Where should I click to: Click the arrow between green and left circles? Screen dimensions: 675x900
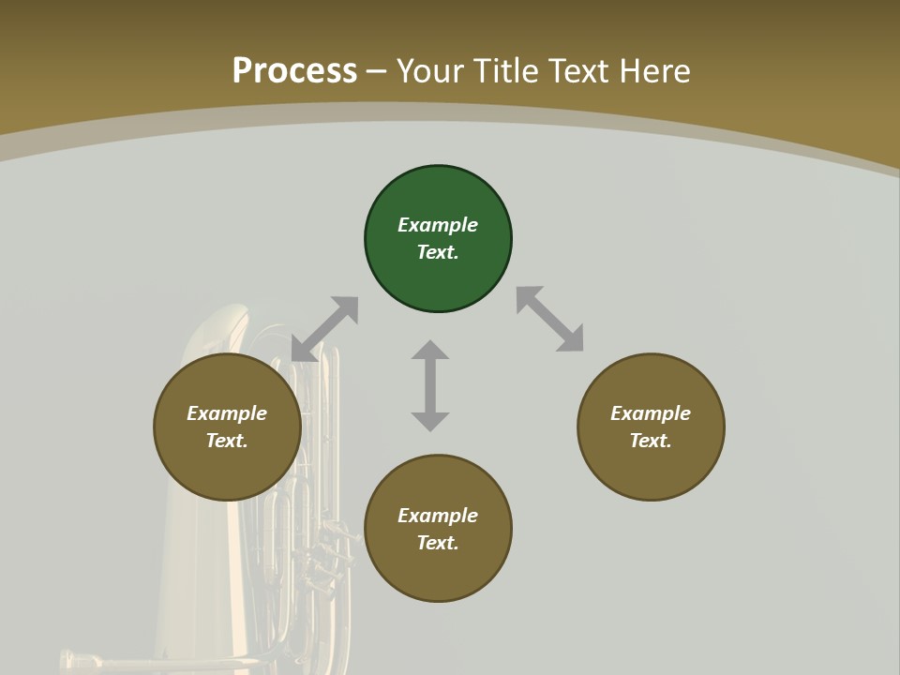[324, 329]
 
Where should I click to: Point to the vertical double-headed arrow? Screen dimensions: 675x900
[430, 385]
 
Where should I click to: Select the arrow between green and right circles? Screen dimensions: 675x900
[550, 319]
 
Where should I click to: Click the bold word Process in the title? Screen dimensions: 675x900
[294, 70]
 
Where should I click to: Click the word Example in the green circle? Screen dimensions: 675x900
[438, 225]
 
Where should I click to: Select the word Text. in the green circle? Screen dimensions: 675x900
[438, 252]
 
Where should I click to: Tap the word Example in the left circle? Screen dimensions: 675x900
[227, 413]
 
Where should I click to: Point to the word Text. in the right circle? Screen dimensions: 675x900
[651, 441]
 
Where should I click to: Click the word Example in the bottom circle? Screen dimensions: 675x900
[438, 516]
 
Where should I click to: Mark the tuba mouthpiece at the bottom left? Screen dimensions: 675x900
[80, 659]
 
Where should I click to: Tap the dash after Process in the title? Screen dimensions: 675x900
[377, 70]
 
